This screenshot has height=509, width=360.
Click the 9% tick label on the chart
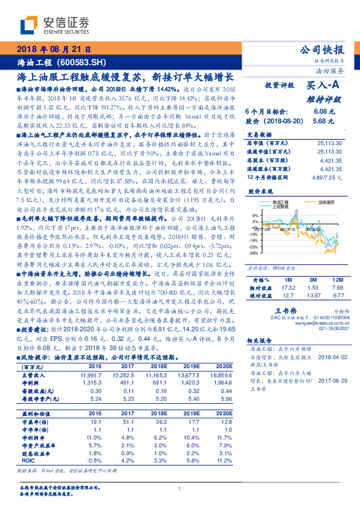click(256, 215)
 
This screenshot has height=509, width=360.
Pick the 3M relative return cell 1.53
click(312, 288)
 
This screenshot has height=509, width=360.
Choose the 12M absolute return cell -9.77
click(338, 296)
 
